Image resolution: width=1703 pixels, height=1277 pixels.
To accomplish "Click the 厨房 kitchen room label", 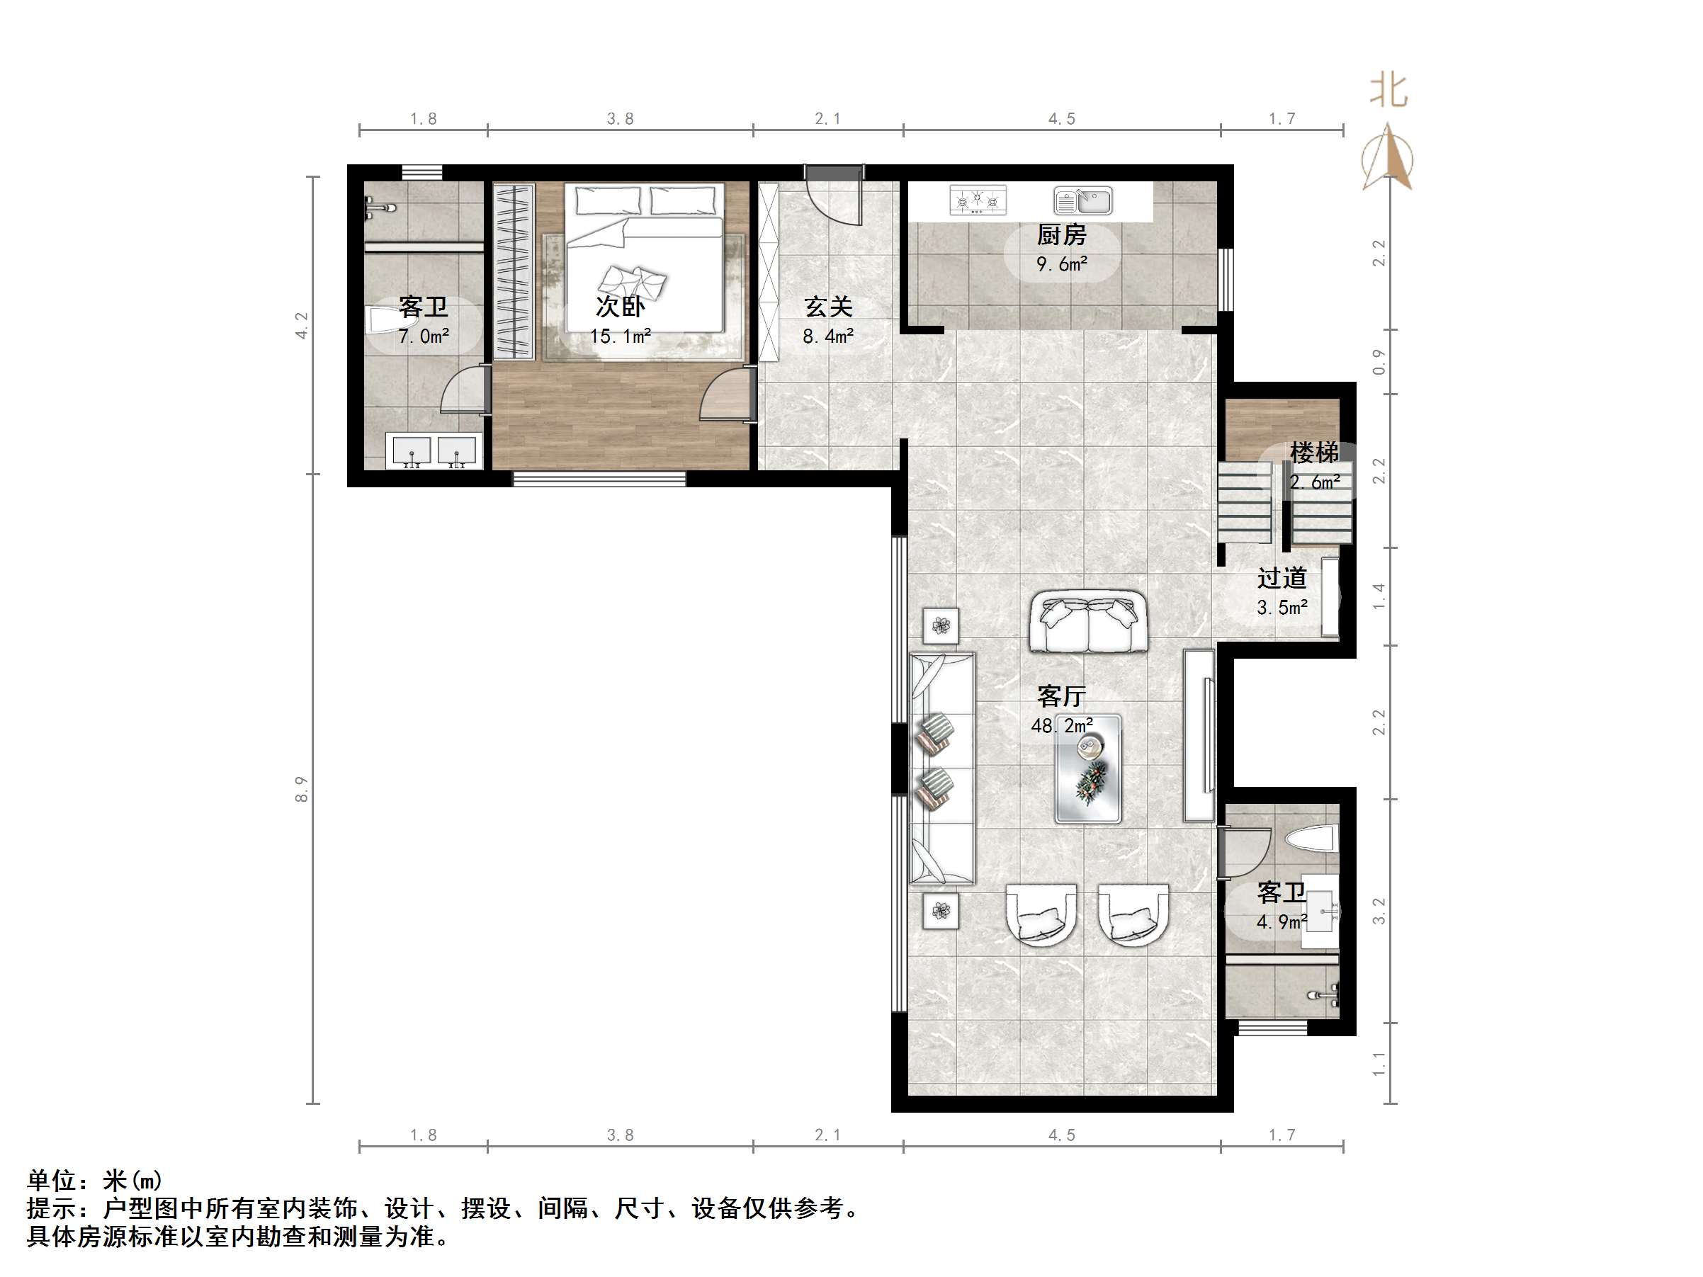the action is [x=1061, y=234].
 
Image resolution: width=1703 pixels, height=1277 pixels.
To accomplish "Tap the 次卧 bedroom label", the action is [x=620, y=307].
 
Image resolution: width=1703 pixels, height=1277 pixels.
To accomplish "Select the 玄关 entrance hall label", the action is [x=828, y=307].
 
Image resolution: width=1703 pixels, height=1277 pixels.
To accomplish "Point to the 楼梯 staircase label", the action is [x=1314, y=453].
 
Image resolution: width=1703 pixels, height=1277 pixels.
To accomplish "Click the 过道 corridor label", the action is [x=1282, y=578].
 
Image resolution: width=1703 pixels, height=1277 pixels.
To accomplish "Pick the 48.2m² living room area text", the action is [x=1062, y=726].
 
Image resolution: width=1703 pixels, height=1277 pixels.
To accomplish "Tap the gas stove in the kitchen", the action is [x=978, y=200].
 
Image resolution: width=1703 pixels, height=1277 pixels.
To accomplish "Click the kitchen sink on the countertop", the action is [x=1083, y=201].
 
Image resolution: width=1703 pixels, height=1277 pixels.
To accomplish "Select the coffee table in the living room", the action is [x=1088, y=769].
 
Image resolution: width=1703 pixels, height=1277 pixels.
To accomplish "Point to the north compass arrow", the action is [x=1387, y=157].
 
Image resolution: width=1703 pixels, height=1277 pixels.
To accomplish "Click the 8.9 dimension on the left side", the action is [x=301, y=790].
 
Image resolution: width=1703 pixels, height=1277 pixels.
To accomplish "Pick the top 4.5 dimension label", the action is [x=1062, y=118].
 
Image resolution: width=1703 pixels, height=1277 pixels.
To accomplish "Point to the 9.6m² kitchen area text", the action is [x=1062, y=264].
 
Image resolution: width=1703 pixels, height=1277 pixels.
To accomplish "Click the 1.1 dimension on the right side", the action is [x=1379, y=1064].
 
